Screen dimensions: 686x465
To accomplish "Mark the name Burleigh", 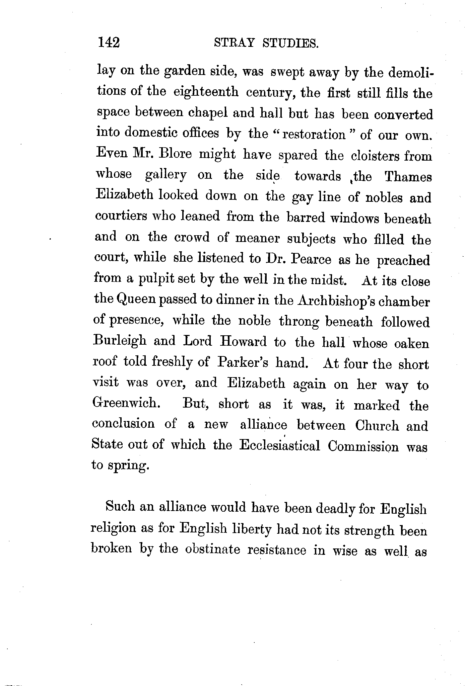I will pyautogui.click(x=120, y=341).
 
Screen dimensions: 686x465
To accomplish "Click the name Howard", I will pyautogui.click(x=243, y=342).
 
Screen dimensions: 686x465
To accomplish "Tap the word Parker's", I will pyautogui.click(x=243, y=363).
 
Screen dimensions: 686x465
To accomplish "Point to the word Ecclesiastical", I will pyautogui.click(x=280, y=446).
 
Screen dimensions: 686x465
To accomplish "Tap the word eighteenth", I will pyautogui.click(x=206, y=92).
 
